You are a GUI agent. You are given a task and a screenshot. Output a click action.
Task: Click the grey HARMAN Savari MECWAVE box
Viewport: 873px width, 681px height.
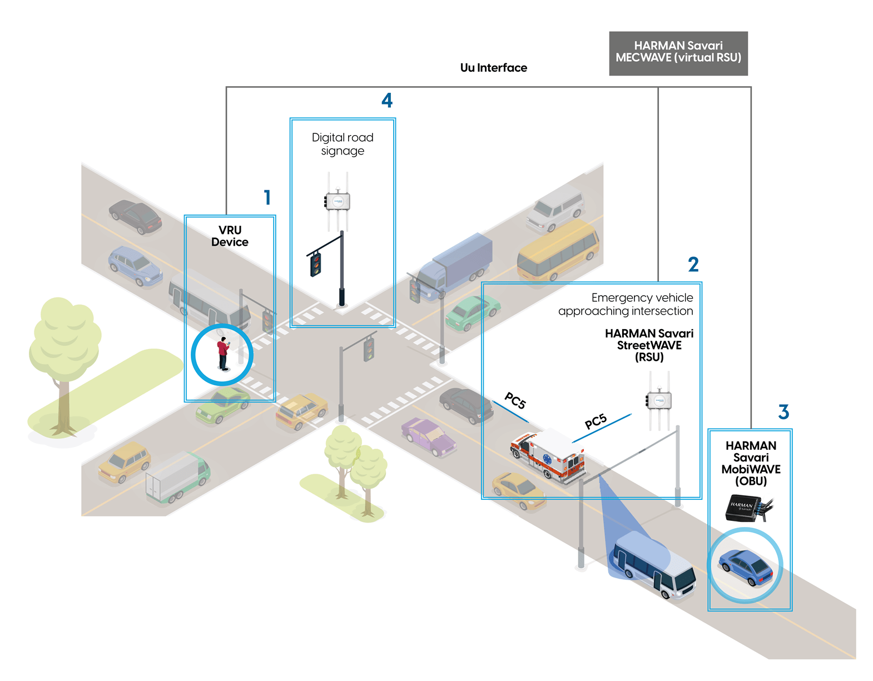click(678, 53)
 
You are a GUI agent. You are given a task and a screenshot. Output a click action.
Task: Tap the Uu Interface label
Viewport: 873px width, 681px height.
click(493, 68)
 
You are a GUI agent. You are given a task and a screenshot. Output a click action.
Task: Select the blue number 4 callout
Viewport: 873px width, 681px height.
click(387, 101)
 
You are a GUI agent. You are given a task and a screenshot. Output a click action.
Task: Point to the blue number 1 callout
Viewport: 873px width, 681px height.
click(267, 197)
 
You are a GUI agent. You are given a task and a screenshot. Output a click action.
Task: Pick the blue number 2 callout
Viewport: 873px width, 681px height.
click(693, 265)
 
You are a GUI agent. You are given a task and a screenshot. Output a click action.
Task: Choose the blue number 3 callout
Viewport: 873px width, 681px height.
click(783, 412)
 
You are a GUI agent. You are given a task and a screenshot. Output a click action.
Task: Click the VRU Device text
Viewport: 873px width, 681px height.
click(230, 236)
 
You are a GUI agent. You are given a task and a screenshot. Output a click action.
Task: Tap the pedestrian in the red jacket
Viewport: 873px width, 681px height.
click(223, 354)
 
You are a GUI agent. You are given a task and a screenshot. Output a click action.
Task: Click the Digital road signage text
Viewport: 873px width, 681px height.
click(343, 144)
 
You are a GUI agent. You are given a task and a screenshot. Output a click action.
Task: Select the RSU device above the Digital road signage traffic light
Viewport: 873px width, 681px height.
click(338, 201)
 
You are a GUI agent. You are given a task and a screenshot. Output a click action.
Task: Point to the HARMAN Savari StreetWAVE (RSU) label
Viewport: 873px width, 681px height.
click(649, 345)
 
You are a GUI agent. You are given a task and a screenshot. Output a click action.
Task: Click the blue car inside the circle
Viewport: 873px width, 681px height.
click(746, 567)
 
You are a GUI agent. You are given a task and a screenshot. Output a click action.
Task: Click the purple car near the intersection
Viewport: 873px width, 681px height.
click(428, 436)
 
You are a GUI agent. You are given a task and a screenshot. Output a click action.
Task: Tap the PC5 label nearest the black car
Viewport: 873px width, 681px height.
click(515, 400)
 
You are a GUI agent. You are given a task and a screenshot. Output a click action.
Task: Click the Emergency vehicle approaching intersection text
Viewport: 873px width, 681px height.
click(626, 305)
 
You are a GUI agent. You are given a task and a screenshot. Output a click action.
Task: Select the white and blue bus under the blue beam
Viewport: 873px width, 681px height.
click(653, 564)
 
